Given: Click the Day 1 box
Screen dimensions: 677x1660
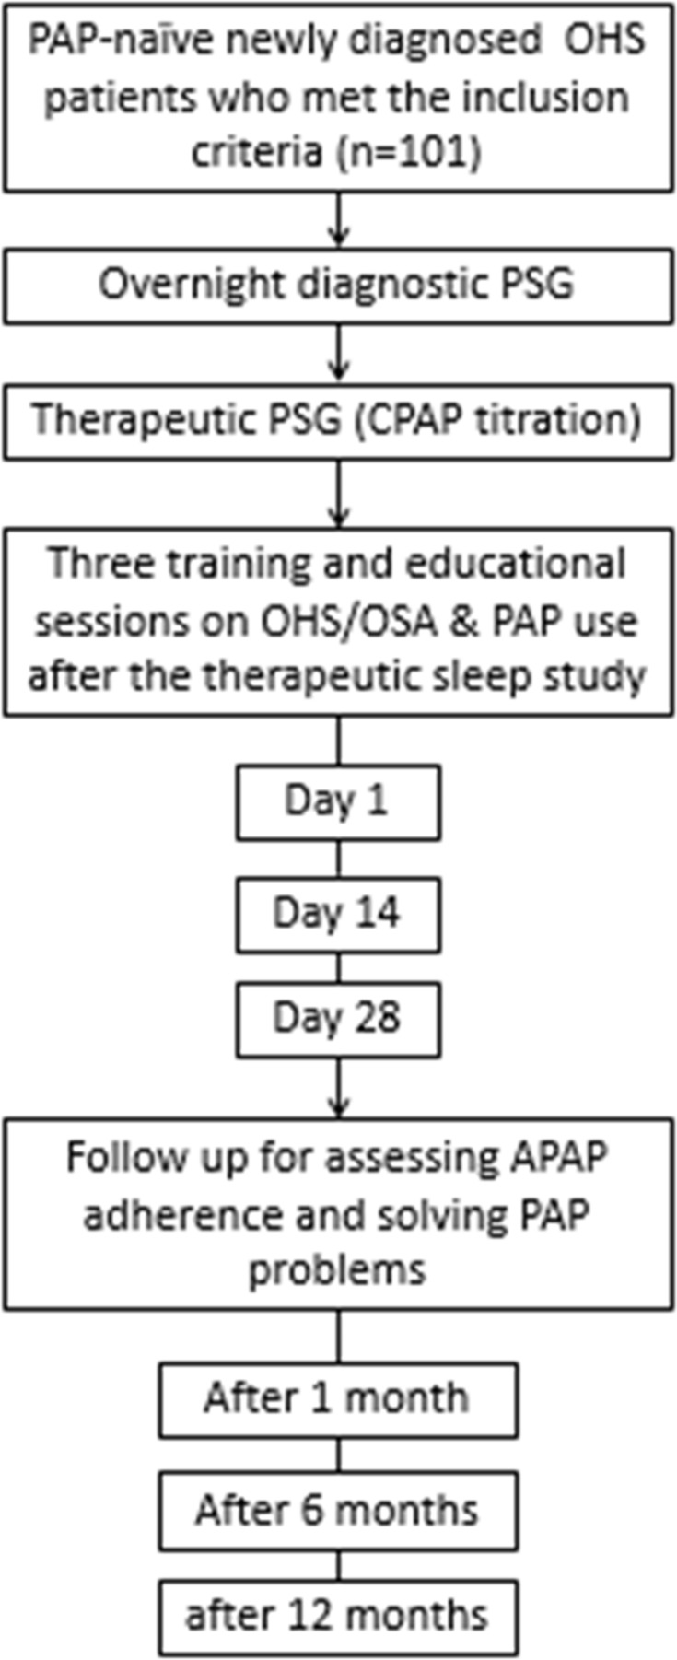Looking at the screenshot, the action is pos(338,801).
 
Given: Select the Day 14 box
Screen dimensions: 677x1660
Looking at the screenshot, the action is pos(338,914).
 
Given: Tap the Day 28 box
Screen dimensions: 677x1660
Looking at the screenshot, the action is pos(338,1019).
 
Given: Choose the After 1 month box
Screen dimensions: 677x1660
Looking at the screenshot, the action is pos(338,1398).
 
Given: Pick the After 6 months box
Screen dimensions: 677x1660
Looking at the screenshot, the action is pos(338,1511).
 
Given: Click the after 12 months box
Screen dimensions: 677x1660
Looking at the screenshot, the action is pos(338,1615).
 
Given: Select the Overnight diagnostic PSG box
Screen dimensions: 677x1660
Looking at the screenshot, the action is pos(338,285).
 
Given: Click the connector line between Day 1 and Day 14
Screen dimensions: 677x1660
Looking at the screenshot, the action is pos(339,859).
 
